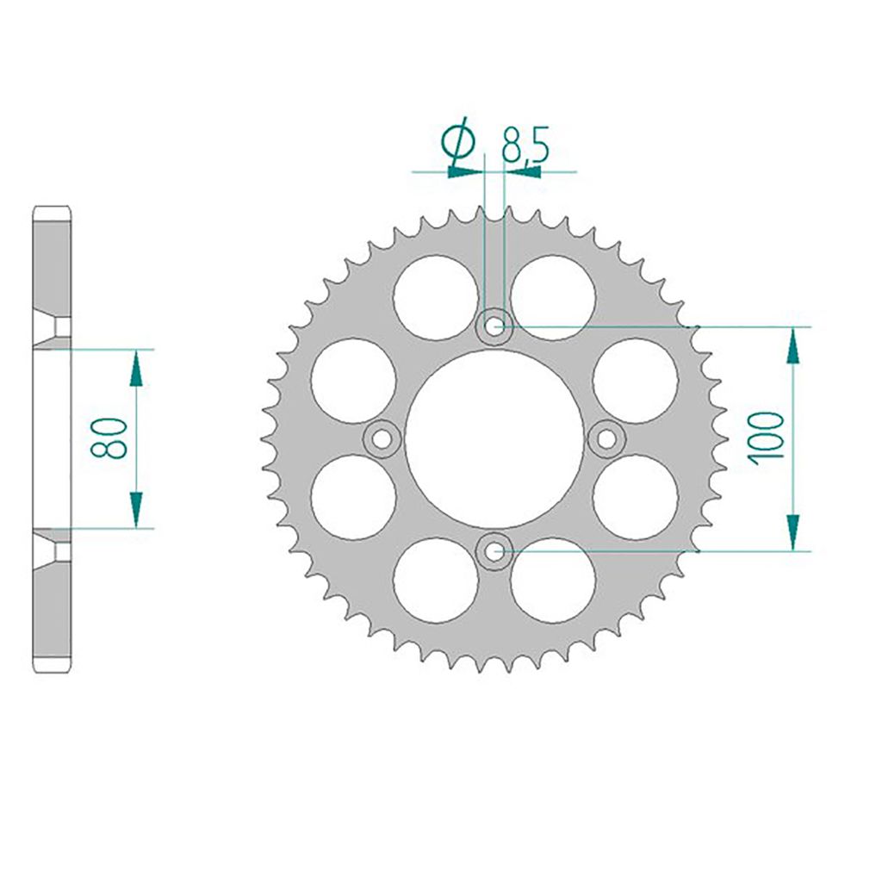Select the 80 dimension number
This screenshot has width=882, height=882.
[111, 438]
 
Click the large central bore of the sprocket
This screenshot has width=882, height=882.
[494, 438]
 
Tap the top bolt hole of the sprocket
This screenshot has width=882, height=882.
[494, 326]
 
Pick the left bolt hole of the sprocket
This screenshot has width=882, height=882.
[382, 438]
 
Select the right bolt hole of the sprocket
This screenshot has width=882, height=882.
[607, 438]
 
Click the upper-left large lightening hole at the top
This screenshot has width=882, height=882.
[436, 297]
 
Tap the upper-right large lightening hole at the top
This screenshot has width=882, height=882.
[553, 297]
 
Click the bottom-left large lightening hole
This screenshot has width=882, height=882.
[436, 580]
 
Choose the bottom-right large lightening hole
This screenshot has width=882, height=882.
[553, 580]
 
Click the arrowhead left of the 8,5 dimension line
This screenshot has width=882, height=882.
[466, 171]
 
